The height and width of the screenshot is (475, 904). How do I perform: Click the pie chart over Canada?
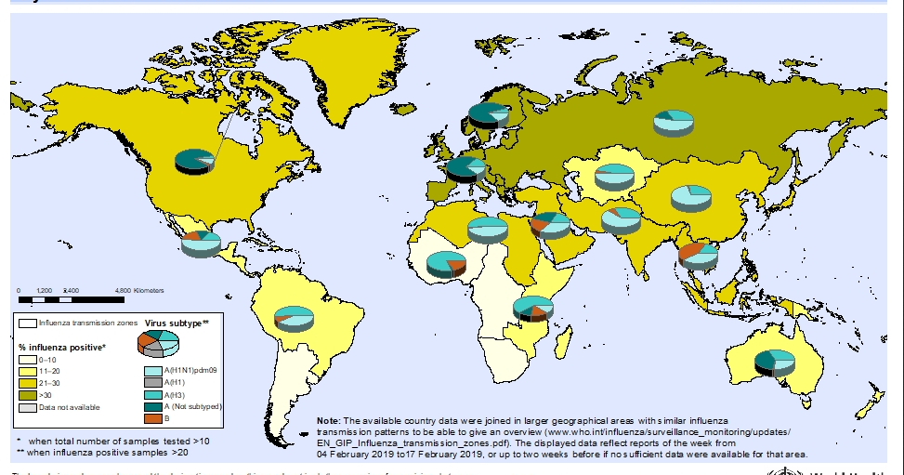point(194,162)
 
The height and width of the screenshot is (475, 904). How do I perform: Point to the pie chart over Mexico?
point(202,244)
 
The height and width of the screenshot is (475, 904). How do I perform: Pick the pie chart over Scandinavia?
point(488,115)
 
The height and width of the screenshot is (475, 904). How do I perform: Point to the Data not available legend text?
point(68,407)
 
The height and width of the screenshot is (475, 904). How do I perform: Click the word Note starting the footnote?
point(328,421)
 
